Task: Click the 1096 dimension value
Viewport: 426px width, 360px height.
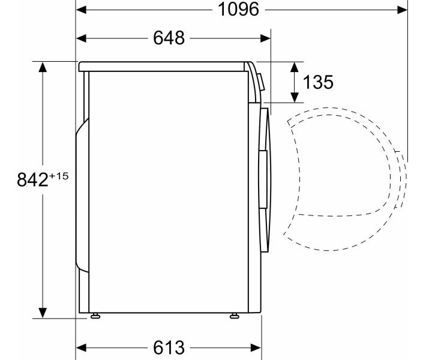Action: (238, 10)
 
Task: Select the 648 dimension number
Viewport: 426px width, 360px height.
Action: (169, 38)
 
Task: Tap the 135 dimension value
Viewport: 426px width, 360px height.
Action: (318, 82)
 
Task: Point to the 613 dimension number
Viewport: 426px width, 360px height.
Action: (169, 347)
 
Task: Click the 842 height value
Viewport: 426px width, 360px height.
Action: (32, 180)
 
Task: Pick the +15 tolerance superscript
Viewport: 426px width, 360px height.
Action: (58, 176)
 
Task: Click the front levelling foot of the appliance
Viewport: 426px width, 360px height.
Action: (235, 316)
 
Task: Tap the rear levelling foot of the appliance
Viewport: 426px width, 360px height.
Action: (95, 316)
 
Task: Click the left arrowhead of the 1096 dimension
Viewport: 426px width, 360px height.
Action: (81, 10)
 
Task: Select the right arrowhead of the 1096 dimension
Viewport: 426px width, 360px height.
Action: (403, 10)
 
